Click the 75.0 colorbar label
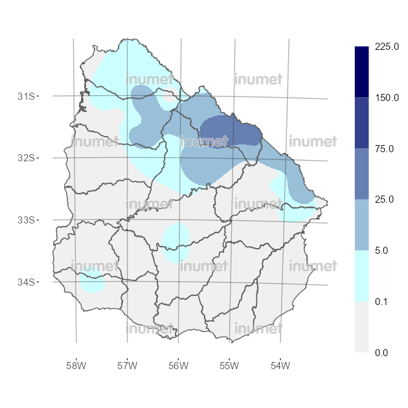pyautogui.click(x=383, y=149)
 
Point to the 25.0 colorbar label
pyautogui.click(x=383, y=199)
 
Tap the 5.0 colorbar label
pyautogui.click(x=381, y=250)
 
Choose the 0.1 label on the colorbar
pyautogui.click(x=381, y=301)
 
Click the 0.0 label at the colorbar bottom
pyautogui.click(x=381, y=352)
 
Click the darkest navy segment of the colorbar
pyautogui.click(x=362, y=72)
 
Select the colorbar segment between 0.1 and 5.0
pyautogui.click(x=362, y=276)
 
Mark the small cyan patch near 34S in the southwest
pyautogui.click(x=93, y=282)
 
